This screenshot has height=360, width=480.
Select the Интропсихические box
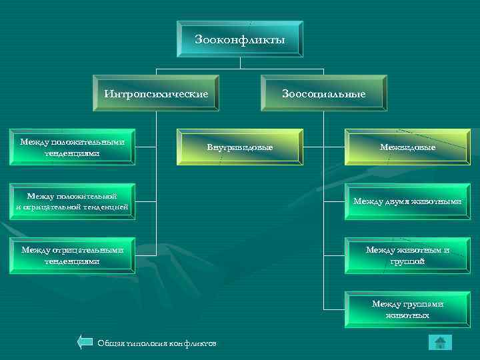click(x=155, y=94)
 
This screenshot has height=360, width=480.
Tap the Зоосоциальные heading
click(x=324, y=94)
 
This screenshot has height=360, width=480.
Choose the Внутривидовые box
click(x=239, y=146)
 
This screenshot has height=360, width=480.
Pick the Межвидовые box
click(x=407, y=146)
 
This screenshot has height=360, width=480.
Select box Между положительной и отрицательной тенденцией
click(x=72, y=201)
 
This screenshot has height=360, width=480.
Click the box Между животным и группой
click(x=407, y=255)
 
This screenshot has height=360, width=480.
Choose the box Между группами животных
click(x=407, y=309)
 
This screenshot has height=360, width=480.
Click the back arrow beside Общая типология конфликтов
click(x=85, y=343)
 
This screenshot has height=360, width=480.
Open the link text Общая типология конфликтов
click(x=157, y=343)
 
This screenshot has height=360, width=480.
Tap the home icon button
click(x=439, y=343)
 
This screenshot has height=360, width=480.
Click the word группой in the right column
click(x=408, y=261)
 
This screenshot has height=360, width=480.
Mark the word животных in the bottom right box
click(x=407, y=315)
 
